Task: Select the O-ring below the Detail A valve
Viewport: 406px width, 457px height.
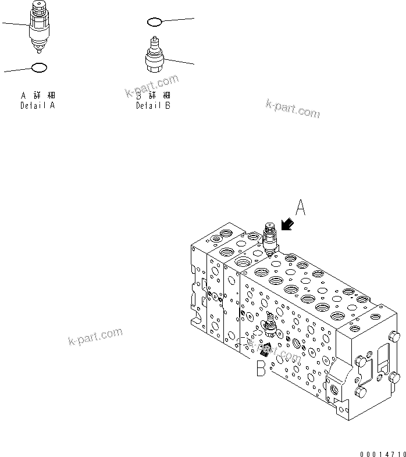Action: point(38,68)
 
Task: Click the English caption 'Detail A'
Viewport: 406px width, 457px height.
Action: point(38,106)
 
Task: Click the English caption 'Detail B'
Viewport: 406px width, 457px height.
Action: point(154,106)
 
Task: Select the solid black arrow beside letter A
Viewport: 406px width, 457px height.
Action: point(287,225)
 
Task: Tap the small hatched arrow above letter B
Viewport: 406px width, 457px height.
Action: point(265,350)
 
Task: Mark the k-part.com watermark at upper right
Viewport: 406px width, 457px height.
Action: point(293,109)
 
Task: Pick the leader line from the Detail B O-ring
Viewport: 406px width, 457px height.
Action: point(177,20)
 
